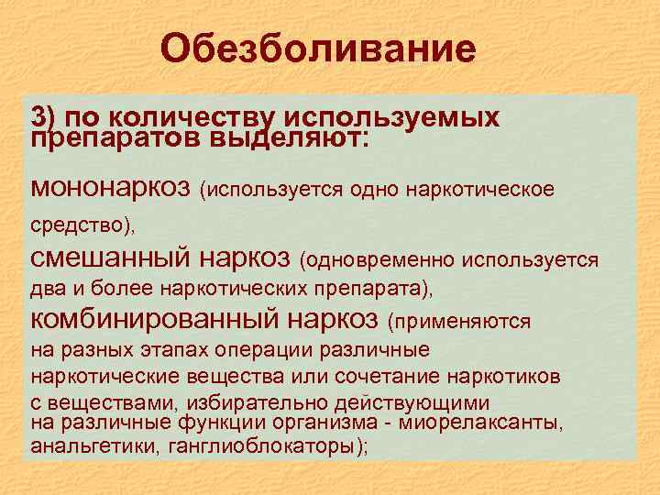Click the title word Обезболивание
(x=318, y=49)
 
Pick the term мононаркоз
(x=111, y=187)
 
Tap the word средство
(x=74, y=224)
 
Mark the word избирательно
(x=253, y=402)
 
